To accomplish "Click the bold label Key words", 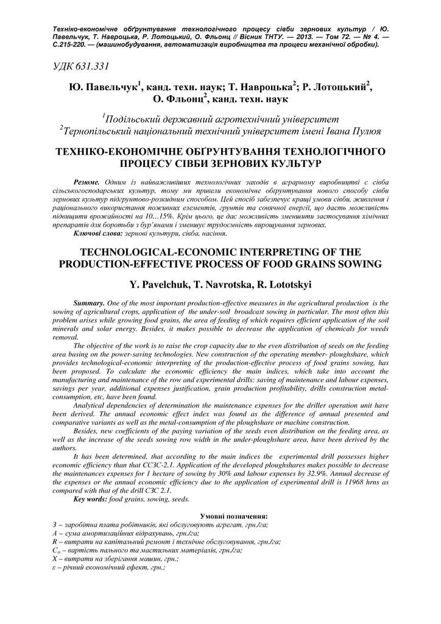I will [x=90, y=499].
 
